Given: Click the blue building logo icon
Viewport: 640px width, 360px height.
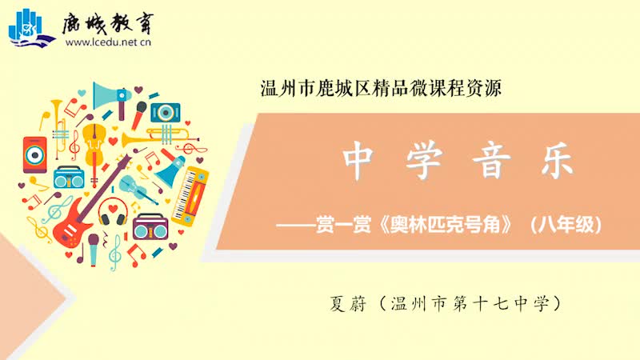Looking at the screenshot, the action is coord(31,28).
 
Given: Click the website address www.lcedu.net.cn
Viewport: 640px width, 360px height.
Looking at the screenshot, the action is coord(108,42).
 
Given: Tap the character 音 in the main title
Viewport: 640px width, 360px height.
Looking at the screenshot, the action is coord(491,161).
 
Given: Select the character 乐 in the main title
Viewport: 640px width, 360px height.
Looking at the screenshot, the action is coord(558,161).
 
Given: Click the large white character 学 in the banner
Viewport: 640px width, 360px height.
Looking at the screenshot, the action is coord(425,161).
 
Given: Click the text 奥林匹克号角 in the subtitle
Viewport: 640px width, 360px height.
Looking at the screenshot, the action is coord(446,224).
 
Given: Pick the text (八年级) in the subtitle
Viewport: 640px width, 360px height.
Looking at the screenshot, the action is coord(566,224).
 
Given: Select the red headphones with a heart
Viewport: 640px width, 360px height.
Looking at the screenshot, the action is coord(113,212).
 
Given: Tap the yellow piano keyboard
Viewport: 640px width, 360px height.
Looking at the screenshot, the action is coord(190,196).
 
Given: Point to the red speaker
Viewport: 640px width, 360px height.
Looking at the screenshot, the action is coord(34,154).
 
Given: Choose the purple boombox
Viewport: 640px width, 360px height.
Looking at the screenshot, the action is coord(150,228).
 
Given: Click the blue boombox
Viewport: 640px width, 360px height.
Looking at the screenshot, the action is coord(69,178).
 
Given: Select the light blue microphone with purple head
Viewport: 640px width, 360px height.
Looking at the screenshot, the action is coord(94,249).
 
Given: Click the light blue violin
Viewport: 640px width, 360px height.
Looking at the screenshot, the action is coord(138,190).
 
